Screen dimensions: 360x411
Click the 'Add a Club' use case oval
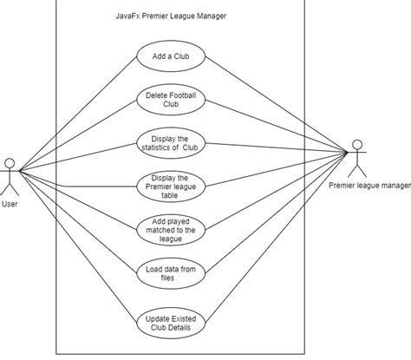click(x=171, y=57)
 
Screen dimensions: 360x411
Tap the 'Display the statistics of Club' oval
click(x=171, y=142)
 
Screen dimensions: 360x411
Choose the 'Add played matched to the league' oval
click(x=171, y=229)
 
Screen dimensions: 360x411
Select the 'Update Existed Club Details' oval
click(x=171, y=324)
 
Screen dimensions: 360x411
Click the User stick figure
click(x=10, y=176)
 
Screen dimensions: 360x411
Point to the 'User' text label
click(x=10, y=206)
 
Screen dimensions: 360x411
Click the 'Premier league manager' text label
click(x=369, y=185)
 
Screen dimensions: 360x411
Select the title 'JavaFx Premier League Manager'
click(x=171, y=16)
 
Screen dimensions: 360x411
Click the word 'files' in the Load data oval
click(x=171, y=278)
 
